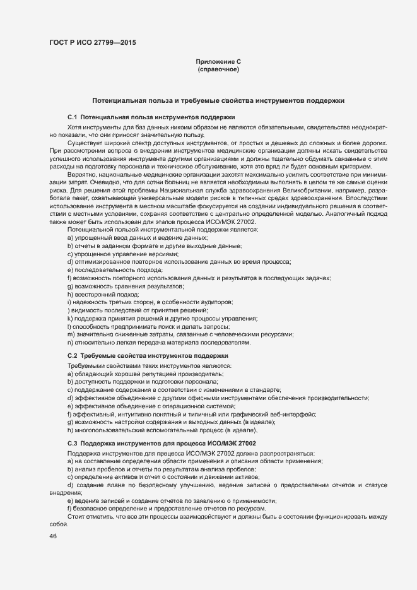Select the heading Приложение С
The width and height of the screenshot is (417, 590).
pyautogui.click(x=218, y=61)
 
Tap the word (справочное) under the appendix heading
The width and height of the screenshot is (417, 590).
pyautogui.click(x=218, y=69)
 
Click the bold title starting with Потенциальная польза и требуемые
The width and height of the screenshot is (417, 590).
pyautogui.click(x=218, y=100)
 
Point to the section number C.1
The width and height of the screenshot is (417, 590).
pyautogui.click(x=72, y=117)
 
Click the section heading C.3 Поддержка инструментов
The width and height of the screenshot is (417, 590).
pyautogui.click(x=162, y=444)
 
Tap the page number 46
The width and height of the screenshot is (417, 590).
pyautogui.click(x=54, y=536)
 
